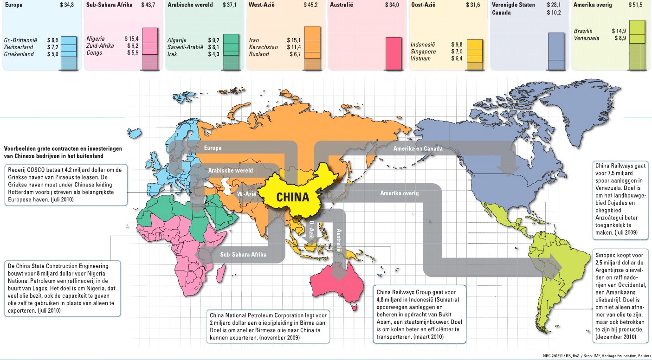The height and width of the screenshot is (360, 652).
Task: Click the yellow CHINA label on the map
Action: tap(292, 197)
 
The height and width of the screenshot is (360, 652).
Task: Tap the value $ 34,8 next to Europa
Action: tap(67, 5)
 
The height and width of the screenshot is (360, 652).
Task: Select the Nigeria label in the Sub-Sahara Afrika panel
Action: tap(96, 39)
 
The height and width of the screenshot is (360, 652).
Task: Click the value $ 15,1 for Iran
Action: tap(294, 40)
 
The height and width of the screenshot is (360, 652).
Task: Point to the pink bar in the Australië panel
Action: tap(394, 53)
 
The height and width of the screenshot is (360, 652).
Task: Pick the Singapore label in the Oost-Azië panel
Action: tap(423, 51)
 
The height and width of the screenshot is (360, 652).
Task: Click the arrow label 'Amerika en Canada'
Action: tap(417, 149)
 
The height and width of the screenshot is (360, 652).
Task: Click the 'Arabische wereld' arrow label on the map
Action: tap(230, 170)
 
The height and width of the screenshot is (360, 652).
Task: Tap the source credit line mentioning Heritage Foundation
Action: tap(598, 356)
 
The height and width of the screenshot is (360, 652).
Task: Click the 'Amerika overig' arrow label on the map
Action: tap(399, 193)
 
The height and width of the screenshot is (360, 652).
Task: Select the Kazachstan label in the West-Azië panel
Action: tap(263, 47)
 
